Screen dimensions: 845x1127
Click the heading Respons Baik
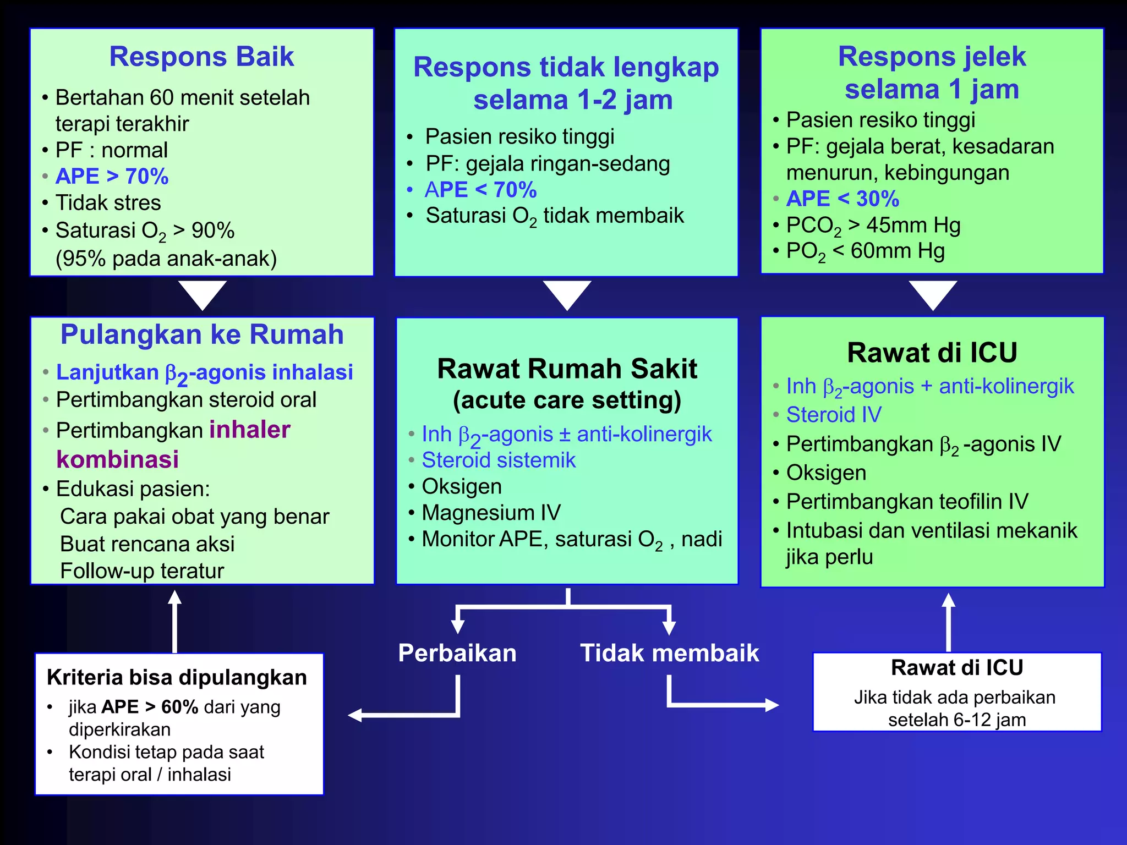tap(201, 57)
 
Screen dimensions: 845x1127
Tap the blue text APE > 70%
tap(112, 177)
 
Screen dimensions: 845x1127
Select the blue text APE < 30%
tap(842, 199)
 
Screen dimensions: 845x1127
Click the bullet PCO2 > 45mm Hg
tap(873, 226)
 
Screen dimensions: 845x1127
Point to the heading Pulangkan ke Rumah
tap(202, 334)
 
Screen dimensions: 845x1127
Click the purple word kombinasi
tap(118, 459)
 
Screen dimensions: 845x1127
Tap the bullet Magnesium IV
tap(491, 513)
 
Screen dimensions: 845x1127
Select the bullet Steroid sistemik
tap(499, 460)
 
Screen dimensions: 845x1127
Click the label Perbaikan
tap(457, 653)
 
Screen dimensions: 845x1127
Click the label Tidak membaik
tap(669, 653)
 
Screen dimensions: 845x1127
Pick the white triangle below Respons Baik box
tap(202, 294)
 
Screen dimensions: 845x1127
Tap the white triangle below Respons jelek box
tap(933, 294)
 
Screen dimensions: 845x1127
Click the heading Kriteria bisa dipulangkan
tap(177, 677)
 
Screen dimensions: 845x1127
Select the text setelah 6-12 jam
tap(956, 720)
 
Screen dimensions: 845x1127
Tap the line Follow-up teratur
tap(142, 571)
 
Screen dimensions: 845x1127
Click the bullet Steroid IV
tap(834, 415)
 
